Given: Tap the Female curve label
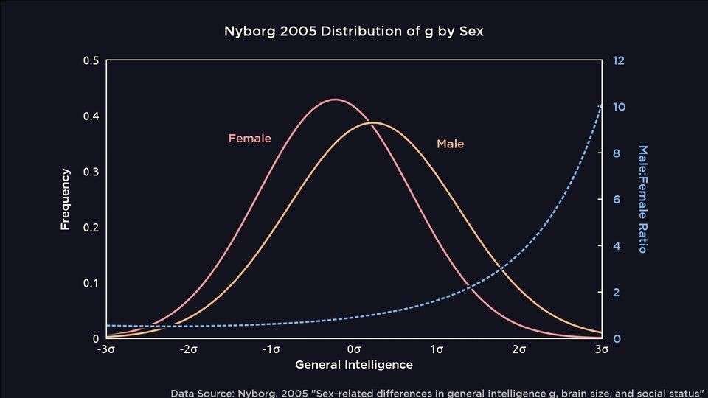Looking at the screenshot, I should point(250,138).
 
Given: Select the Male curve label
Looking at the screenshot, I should point(451,144).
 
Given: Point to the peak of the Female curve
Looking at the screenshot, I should point(334,99).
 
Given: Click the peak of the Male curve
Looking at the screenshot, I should point(373,122).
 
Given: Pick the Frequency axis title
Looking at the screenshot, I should point(65,199).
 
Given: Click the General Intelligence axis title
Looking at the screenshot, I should point(354,365).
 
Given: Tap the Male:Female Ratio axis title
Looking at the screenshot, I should point(642,199).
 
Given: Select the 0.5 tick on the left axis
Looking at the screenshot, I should point(91,60).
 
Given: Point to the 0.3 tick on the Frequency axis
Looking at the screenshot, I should point(91,172).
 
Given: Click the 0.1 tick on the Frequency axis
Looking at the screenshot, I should point(91,283).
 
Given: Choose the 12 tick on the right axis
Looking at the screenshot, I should point(619,60).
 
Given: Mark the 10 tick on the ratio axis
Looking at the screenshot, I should point(619,107).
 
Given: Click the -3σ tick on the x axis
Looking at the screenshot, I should point(106,349).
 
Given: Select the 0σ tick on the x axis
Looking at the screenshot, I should point(354,349).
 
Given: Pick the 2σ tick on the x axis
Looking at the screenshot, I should point(519,349).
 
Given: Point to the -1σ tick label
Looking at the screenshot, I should point(271,349).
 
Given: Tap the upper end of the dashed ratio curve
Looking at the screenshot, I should point(601,105).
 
